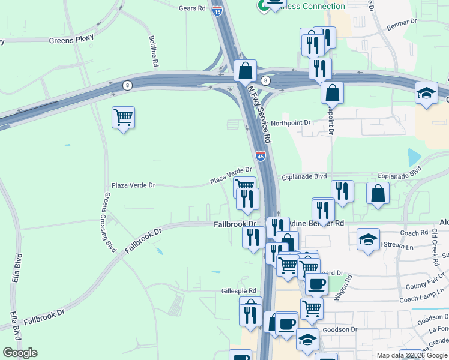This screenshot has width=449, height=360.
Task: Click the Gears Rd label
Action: [192, 9]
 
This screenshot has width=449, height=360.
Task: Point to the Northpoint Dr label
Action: [291, 122]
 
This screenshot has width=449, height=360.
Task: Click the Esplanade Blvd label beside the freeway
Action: [304, 176]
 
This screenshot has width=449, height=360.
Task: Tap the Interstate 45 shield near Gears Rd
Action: [217, 10]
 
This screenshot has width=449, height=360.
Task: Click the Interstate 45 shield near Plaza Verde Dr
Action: [261, 156]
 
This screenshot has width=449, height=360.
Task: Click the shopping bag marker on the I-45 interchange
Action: [245, 71]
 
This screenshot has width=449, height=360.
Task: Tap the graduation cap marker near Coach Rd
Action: [368, 239]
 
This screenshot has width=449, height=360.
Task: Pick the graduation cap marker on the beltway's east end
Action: [426, 93]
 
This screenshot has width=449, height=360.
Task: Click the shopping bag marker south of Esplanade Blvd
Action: [378, 193]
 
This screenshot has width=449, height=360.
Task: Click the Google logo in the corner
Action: [20, 353]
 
